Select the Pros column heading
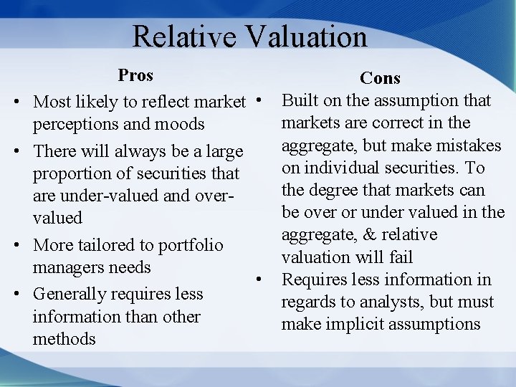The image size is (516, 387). [135, 75]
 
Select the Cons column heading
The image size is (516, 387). [380, 78]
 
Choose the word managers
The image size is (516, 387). [67, 268]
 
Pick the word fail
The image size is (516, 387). [399, 257]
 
